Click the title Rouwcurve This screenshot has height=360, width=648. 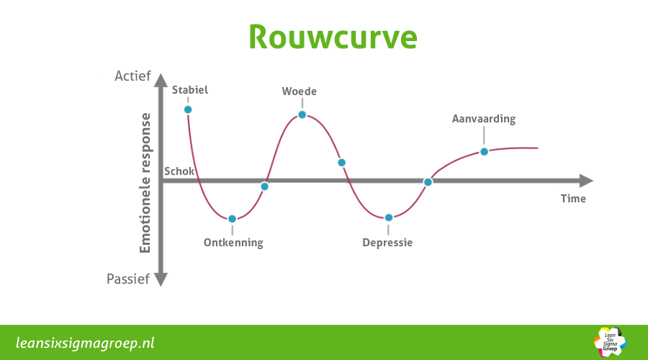coord(333,37)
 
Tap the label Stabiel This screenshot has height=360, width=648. coord(190,90)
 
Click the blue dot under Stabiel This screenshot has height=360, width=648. coord(188,109)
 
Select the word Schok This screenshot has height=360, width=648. coord(179,171)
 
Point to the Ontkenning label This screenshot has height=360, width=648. coord(233,243)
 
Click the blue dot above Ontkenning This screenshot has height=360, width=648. coord(232,219)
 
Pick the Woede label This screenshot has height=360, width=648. coord(300,91)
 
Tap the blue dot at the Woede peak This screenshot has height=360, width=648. coord(302,114)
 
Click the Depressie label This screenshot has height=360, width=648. coord(387,243)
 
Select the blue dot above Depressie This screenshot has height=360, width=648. coord(389,217)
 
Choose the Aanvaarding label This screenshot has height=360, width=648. coord(484,119)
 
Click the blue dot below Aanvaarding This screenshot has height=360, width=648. coord(484,151)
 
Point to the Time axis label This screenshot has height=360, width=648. coord(573,199)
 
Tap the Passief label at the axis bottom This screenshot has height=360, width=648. coord(128,279)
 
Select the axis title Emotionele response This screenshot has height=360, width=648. coord(145,183)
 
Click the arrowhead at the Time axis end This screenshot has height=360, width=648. coord(586,181)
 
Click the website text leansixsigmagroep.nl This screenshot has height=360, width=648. coord(86,342)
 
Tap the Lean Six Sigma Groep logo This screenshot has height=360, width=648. coord(610,342)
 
